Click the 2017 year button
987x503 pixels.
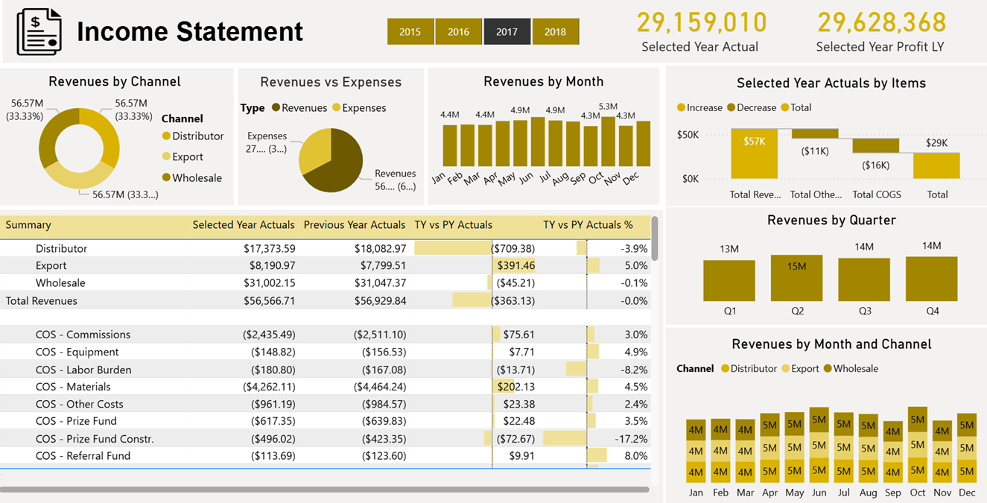pos(507,32)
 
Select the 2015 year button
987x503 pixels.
pos(410,32)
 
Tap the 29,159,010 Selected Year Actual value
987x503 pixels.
pos(701,23)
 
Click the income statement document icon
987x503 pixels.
pos(40,31)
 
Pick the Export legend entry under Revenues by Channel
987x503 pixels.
pos(187,157)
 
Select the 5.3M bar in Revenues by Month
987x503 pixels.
pos(608,142)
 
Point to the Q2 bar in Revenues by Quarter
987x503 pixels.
pos(796,278)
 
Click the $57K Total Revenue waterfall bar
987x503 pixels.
pos(754,154)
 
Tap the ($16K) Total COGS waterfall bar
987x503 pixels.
pos(875,146)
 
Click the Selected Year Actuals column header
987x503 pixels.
pos(244,225)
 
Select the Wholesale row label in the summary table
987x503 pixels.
pos(60,283)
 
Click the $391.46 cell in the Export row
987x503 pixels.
pos(515,266)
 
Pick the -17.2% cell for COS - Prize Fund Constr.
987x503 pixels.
pos(630,439)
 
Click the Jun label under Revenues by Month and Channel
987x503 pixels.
pos(819,493)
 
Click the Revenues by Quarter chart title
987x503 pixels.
pos(831,221)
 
